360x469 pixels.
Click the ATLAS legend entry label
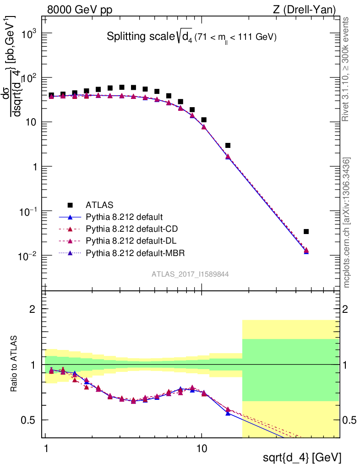(99, 204)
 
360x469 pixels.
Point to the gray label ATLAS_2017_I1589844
(190, 274)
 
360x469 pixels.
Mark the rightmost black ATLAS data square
(306, 232)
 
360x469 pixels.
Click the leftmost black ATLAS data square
(51, 95)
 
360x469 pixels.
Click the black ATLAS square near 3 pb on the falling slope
(228, 145)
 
